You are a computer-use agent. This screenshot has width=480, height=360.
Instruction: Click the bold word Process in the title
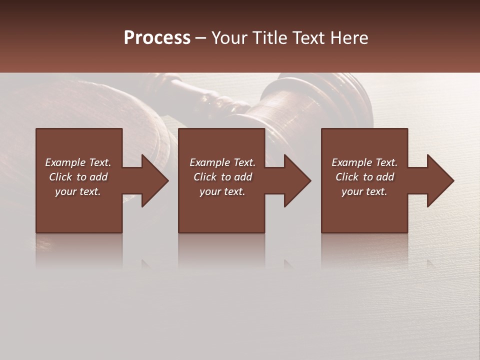tap(157, 38)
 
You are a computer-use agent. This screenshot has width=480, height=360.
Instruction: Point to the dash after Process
tap(201, 38)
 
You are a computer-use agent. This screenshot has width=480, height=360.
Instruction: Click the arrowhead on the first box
tap(152, 180)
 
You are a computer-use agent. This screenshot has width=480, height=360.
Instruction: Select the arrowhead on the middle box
tap(295, 180)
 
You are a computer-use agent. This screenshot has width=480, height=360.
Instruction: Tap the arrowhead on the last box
tap(438, 180)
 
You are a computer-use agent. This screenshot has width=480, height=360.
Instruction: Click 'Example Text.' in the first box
tap(78, 162)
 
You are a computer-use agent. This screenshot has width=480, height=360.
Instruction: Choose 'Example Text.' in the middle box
tap(222, 162)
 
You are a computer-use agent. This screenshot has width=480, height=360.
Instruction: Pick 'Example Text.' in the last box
tap(364, 162)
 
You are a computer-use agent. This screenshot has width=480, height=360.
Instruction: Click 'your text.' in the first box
tap(78, 191)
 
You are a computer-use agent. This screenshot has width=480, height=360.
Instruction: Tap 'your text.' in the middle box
tap(222, 191)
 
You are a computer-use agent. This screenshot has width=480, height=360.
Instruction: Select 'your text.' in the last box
tap(364, 191)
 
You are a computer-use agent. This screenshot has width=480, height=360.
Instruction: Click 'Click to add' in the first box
tap(78, 177)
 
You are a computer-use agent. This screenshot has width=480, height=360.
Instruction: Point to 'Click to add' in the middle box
tap(222, 177)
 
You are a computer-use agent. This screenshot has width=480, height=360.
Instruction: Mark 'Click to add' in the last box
tap(364, 177)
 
